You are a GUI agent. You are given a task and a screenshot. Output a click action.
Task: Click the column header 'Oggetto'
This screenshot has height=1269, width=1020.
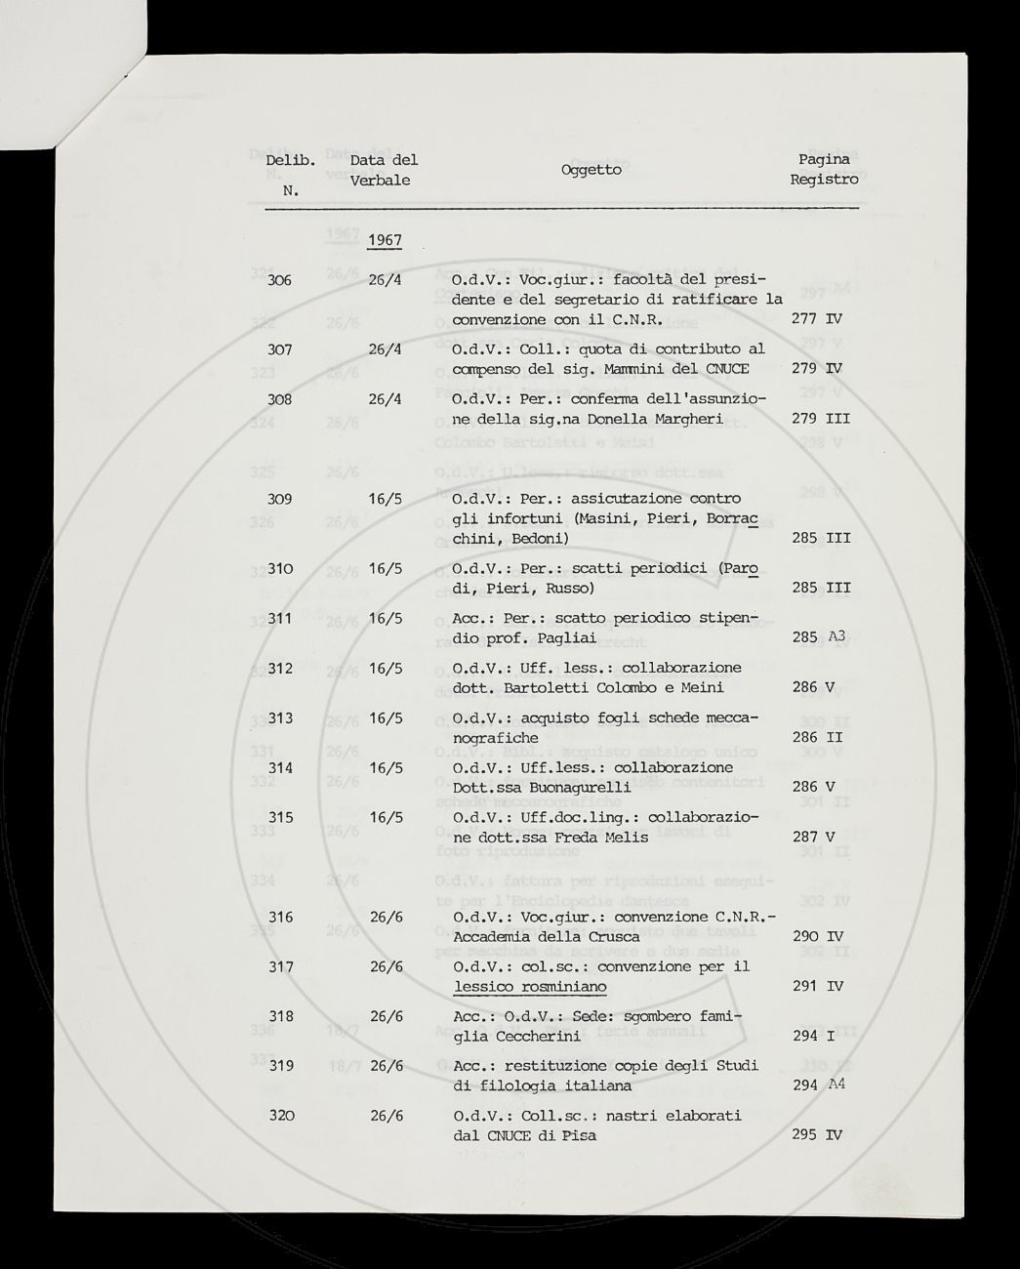coord(591,170)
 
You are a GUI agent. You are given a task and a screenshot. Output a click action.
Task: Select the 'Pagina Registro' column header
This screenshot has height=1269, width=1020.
coord(824,169)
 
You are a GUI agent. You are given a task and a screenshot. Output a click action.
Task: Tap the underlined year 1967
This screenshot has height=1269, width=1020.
coord(386,240)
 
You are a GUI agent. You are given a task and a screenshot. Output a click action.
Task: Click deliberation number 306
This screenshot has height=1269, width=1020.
coord(279,280)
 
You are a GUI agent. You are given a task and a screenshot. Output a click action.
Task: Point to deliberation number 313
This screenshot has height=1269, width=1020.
coord(280,718)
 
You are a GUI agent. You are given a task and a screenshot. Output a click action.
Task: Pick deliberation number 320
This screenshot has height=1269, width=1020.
coord(280,1116)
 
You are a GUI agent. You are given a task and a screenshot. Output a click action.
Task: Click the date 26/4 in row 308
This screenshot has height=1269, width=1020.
coord(387,399)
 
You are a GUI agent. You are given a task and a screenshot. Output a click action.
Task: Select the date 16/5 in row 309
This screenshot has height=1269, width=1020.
coord(387,499)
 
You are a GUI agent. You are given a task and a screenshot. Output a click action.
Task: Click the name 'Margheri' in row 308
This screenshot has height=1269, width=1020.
coord(687,419)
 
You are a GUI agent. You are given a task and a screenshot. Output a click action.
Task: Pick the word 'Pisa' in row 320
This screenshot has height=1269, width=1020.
coord(580,1135)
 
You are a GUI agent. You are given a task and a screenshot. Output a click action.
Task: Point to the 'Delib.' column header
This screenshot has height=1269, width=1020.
coord(290,160)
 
